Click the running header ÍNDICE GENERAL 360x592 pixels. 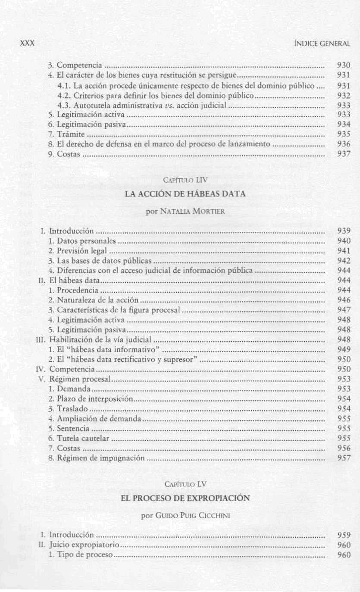(328, 44)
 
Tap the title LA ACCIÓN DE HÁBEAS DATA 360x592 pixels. (185, 194)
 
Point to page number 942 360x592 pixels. (343, 260)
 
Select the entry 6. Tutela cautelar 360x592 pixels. (78, 439)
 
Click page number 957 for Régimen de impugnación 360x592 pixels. (343, 458)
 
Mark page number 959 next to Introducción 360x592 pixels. (343, 536)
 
